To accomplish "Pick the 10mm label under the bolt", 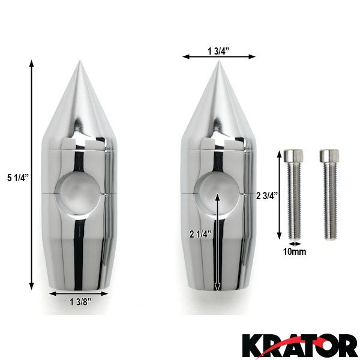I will click(x=294, y=251).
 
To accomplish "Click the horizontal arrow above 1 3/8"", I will click(x=79, y=294).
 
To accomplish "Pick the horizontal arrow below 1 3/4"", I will click(x=220, y=56).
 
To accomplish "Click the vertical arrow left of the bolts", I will click(x=278, y=195).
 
